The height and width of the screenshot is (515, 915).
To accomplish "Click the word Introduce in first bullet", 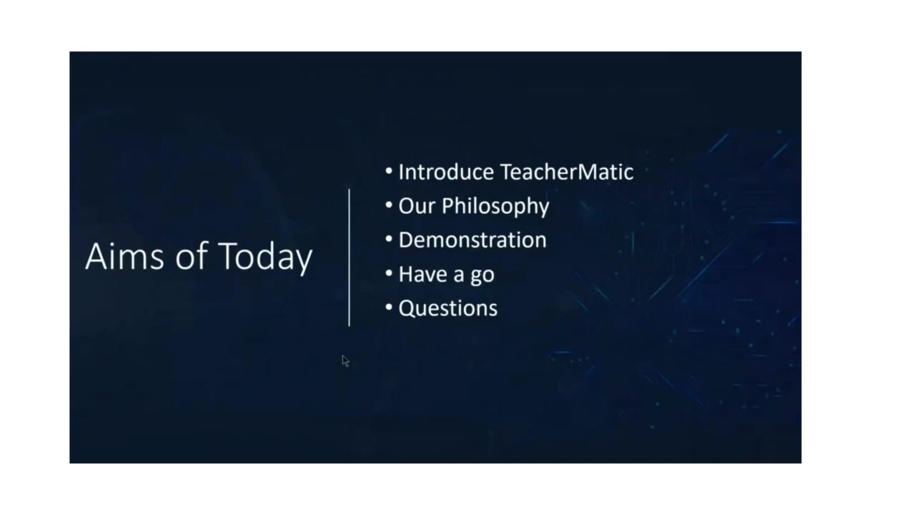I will (446, 172).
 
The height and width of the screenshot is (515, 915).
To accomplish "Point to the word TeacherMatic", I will (566, 172).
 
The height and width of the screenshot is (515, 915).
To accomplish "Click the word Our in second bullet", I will (417, 206).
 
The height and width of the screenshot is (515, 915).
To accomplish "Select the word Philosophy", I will (495, 207).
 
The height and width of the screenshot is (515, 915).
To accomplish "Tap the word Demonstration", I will (472, 240).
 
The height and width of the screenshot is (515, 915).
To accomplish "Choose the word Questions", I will (447, 308).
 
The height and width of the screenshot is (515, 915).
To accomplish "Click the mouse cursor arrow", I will (345, 361).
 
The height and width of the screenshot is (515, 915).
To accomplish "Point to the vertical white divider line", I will (349, 257).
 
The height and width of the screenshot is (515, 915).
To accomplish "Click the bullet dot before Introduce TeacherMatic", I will (389, 172).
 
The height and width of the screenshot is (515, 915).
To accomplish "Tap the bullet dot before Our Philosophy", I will (389, 205).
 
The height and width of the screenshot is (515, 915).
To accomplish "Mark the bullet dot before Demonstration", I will (389, 240).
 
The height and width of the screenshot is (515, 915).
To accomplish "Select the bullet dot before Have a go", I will (389, 273).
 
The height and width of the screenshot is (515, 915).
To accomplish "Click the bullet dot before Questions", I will (389, 308).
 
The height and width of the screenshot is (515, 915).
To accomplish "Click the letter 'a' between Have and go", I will (460, 275).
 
